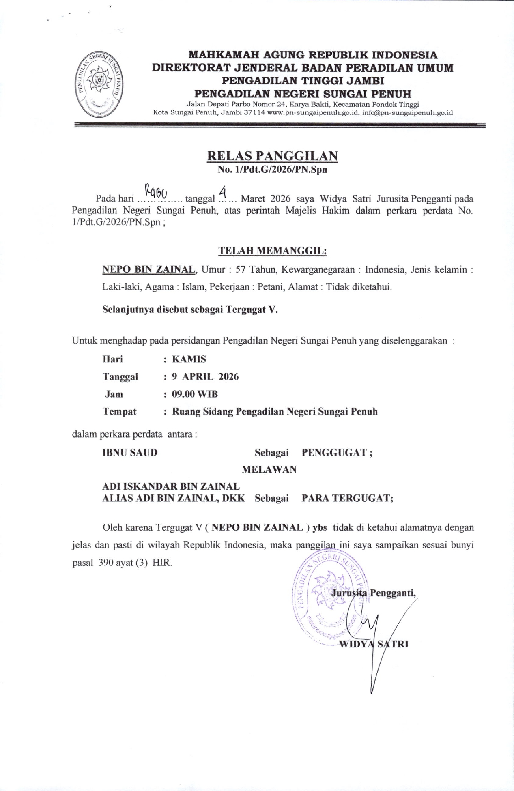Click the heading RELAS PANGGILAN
pos(272,156)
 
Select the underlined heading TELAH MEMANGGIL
pos(272,251)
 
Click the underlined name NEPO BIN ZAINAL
pos(149,269)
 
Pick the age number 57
pos(241,270)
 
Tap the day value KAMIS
pos(189,359)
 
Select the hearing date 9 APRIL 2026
pos(205,376)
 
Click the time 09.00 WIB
pos(195,394)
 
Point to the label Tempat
pos(119,411)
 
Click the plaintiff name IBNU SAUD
pos(130,452)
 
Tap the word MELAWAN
pos(269,469)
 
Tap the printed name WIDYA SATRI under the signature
pos(373,644)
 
